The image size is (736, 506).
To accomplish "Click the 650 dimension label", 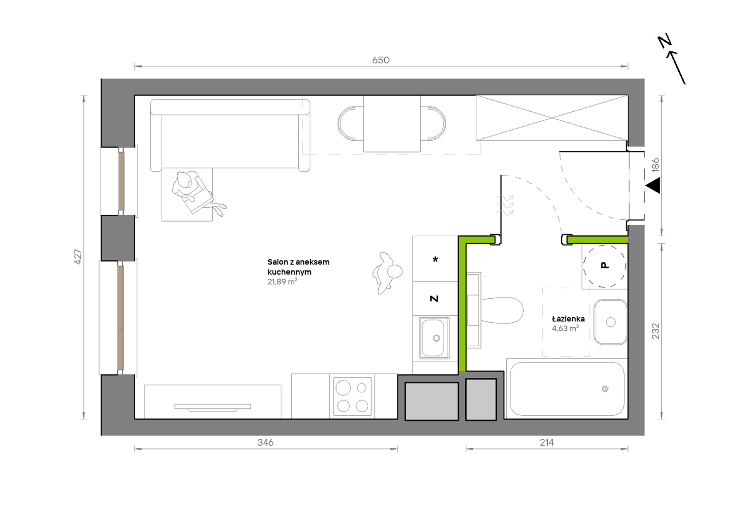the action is (381, 60).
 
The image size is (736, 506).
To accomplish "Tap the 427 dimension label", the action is (78, 257).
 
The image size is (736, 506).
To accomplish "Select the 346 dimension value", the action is (266, 442).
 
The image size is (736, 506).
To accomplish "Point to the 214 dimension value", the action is (547, 442).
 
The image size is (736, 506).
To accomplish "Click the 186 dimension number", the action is (655, 165).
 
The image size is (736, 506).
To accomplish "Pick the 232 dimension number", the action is (655, 331).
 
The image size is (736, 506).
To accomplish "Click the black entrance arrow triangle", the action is (653, 186).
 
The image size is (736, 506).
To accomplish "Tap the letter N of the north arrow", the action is (665, 41).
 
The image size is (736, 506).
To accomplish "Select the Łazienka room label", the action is (568, 318).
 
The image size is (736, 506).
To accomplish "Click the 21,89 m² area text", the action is (282, 282).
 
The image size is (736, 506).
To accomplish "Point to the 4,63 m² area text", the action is (566, 329).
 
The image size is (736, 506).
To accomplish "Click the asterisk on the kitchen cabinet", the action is (435, 260).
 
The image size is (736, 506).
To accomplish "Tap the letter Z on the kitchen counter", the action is (434, 299).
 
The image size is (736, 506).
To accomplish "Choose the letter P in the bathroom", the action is (605, 265).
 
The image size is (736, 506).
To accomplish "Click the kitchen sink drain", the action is (437, 338).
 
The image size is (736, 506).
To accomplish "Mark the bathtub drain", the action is (605, 389).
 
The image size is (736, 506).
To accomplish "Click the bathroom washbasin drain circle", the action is (611, 322).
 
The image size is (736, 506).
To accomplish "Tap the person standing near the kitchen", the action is (387, 273).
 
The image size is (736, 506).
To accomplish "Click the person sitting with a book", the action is (196, 192).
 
